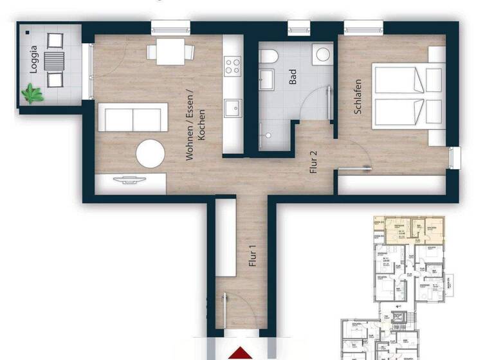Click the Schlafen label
coord(358,96)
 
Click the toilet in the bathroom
coord(268,55)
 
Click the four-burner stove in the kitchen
coord(232,65)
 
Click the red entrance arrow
coord(239,353)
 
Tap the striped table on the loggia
coord(54,62)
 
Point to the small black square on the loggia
coord(28,31)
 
